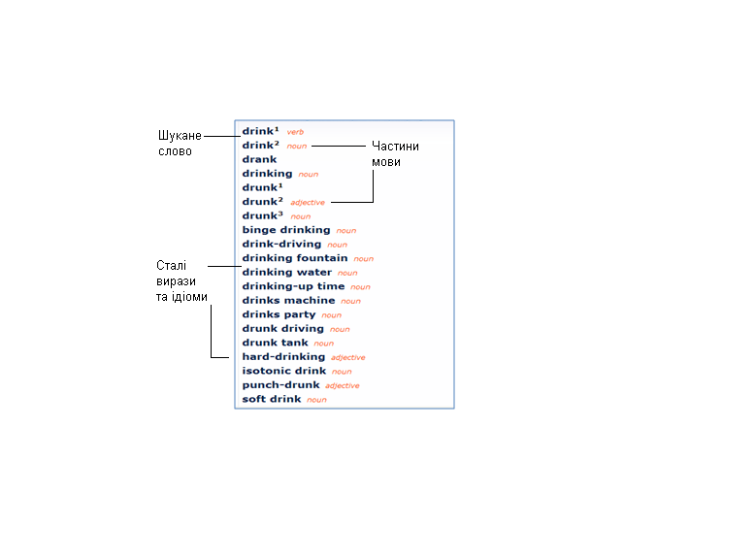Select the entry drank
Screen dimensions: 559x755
(259, 159)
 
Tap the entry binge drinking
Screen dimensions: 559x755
(286, 230)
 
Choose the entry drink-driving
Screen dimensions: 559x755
(281, 245)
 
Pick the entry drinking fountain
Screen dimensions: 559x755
(295, 258)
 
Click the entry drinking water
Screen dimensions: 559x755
(287, 273)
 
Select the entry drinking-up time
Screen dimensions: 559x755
(293, 286)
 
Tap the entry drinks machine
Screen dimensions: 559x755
(288, 301)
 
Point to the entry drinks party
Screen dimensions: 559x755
(279, 314)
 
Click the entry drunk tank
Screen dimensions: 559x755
(276, 343)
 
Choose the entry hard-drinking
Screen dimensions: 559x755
(283, 357)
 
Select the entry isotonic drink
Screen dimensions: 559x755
(284, 371)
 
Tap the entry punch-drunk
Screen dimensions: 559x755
(280, 385)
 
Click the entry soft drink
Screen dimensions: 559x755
(272, 399)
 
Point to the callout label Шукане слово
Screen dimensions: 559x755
(180, 143)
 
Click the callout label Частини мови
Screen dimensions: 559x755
(395, 154)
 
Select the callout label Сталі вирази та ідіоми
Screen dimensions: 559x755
(181, 280)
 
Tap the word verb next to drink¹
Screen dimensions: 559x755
(295, 132)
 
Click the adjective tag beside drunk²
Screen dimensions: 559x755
(308, 203)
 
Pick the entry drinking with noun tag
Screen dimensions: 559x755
(267, 174)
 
